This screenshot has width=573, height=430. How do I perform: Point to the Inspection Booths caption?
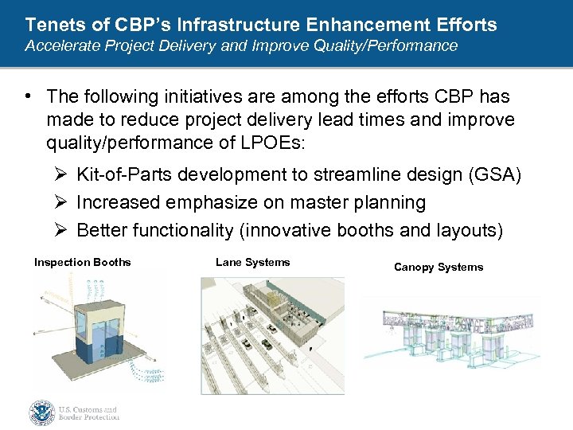click(x=82, y=262)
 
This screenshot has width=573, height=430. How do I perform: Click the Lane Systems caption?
click(x=252, y=262)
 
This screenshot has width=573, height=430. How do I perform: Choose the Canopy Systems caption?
click(x=439, y=267)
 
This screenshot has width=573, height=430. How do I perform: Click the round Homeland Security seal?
click(x=41, y=412)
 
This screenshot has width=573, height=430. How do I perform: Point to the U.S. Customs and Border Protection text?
click(x=89, y=412)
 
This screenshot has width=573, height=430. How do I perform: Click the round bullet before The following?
click(x=28, y=96)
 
